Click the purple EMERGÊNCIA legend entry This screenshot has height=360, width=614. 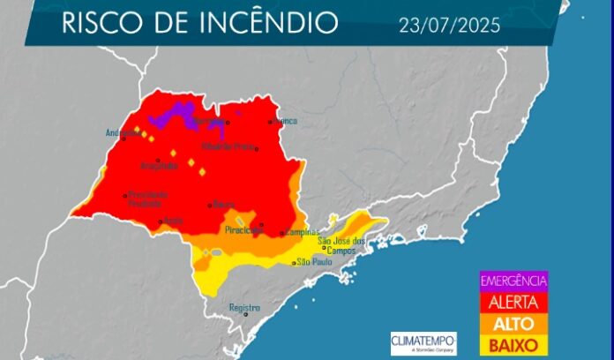(x=513, y=281)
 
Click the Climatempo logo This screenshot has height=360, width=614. (x=423, y=342)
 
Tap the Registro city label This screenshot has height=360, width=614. (x=244, y=308)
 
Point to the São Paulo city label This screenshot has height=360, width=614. (x=314, y=262)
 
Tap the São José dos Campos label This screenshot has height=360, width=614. (x=336, y=246)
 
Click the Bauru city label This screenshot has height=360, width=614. (x=224, y=203)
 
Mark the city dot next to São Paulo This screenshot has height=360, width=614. (x=295, y=263)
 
